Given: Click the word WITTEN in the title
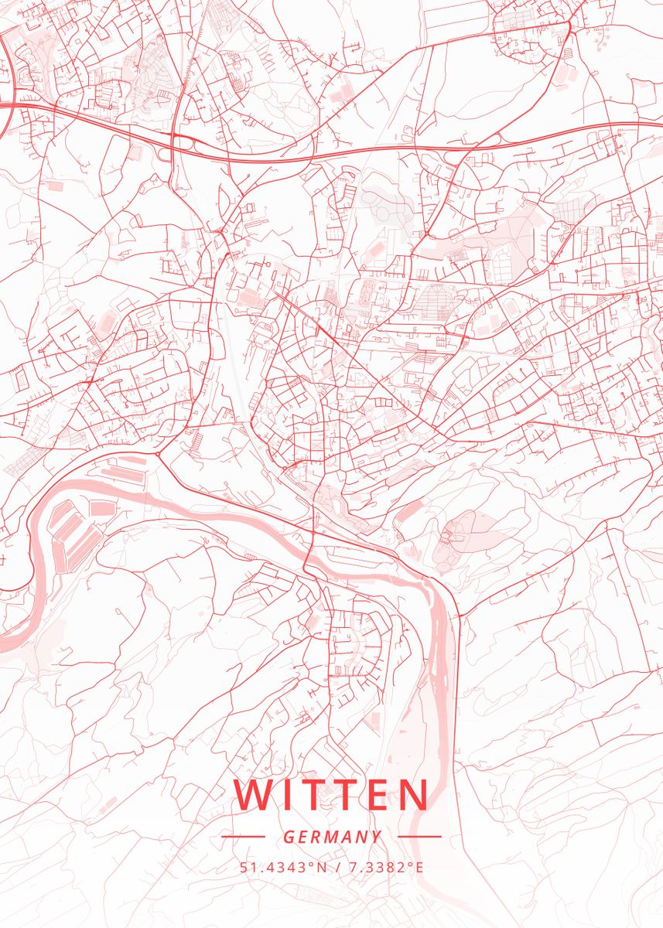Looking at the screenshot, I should [331, 795].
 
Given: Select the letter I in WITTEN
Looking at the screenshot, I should [286, 795].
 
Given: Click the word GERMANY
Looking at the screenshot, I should [332, 837].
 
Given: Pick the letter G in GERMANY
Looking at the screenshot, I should [288, 837].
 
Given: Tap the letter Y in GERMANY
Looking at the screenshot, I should [377, 837].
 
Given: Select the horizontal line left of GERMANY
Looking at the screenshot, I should [243, 836].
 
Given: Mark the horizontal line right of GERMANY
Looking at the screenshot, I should [419, 836].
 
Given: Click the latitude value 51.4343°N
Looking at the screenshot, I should [285, 867].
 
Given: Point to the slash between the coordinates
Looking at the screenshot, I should [340, 867].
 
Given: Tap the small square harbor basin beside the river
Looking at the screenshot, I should [101, 508].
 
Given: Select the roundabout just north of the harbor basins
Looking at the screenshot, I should [158, 455].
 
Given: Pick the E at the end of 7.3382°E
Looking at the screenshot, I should [419, 867].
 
